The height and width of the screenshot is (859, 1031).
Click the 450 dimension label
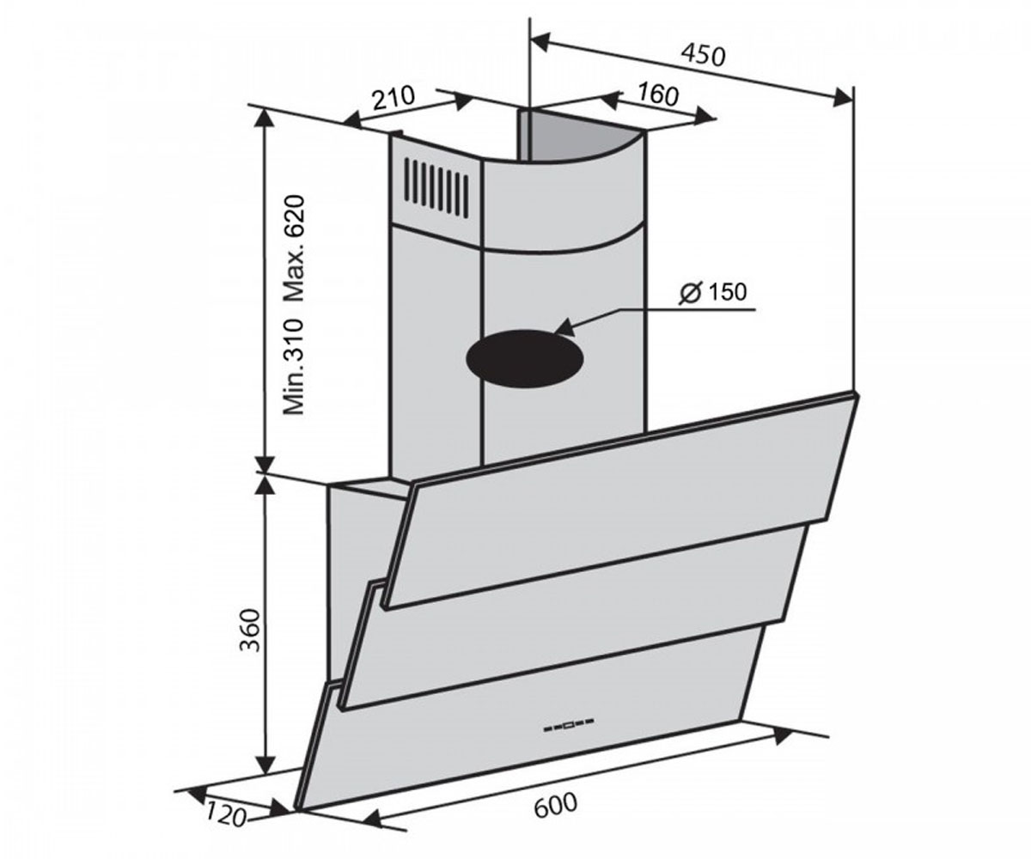pos(703,56)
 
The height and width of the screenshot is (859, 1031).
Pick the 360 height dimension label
pos(249,631)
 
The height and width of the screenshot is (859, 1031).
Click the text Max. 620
pos(295,248)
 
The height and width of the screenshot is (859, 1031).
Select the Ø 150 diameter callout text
pos(713,293)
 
